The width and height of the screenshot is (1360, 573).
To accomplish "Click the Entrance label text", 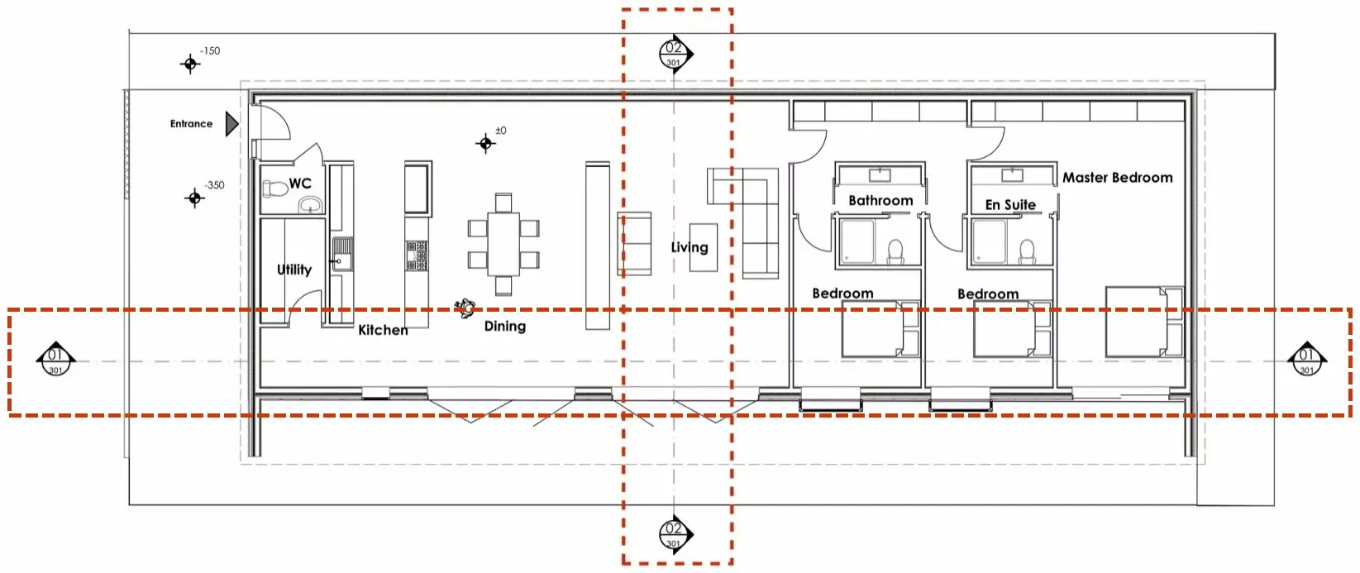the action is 191,124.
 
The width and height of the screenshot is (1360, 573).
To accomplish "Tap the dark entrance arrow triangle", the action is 231,124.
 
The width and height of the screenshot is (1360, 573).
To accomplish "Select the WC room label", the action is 300,184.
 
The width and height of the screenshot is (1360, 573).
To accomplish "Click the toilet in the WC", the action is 275,189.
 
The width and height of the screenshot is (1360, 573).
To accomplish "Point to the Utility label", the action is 294,270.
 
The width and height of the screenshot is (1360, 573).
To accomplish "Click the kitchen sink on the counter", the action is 341,254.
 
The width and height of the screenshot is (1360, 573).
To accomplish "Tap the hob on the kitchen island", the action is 417,255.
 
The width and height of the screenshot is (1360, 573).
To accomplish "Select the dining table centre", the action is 503,244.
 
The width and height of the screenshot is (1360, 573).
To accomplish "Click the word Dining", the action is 505,327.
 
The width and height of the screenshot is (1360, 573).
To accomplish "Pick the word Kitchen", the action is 383,330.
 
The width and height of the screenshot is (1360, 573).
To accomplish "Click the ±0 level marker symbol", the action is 485,143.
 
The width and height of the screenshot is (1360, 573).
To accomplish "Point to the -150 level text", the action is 210,51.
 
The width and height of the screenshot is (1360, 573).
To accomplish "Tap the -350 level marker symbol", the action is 194,198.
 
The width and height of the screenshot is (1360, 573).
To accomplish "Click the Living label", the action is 690,248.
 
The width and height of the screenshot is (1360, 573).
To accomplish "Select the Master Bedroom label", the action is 1118,178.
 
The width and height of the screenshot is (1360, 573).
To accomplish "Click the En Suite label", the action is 1010,205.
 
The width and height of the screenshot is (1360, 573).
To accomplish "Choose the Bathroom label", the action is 881,201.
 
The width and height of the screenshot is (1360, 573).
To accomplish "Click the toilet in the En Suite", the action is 1027,252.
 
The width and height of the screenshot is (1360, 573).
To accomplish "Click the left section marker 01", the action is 55,360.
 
